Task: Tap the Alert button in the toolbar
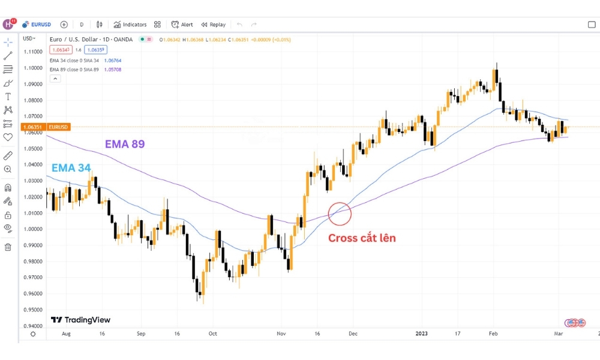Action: point(182,25)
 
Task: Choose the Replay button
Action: point(214,25)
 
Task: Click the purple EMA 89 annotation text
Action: point(125,144)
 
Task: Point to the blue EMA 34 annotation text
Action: point(71,169)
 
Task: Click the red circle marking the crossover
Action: point(340,214)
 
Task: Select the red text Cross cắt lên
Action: point(362,238)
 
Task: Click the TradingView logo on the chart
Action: point(80,320)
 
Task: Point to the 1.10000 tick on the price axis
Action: point(33,68)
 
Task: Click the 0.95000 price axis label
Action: point(33,310)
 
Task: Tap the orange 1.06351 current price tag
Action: point(32,127)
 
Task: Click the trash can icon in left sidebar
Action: point(8,247)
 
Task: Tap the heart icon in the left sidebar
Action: point(8,137)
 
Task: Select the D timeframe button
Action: point(82,25)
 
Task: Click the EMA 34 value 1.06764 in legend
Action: point(113,61)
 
